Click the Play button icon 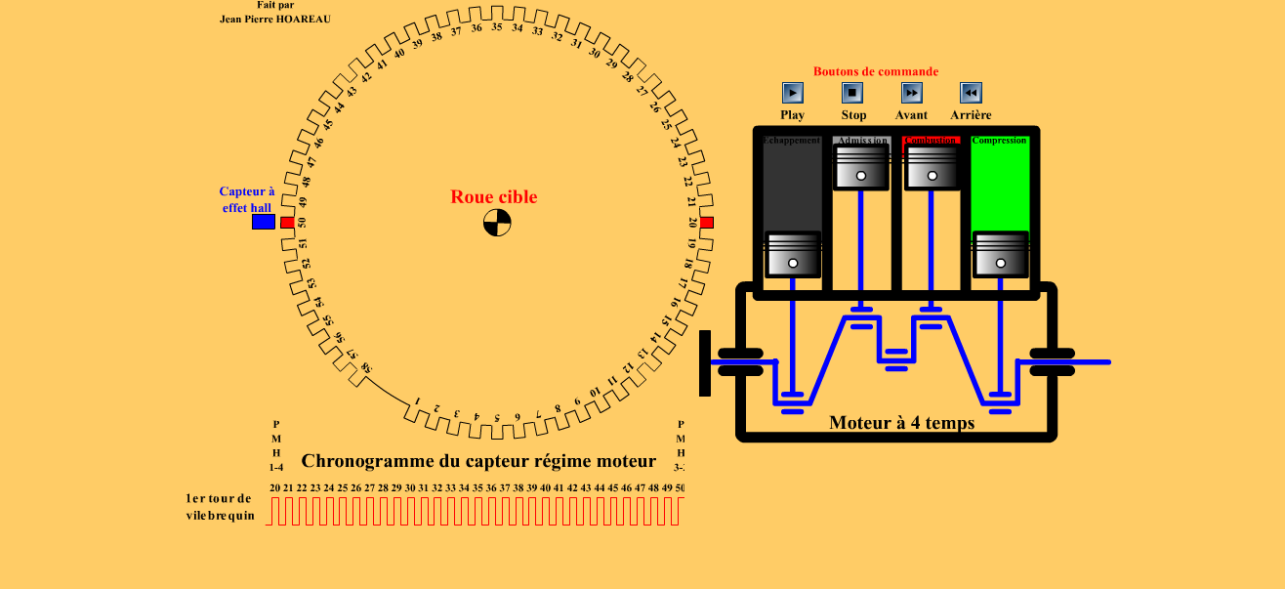[793, 93]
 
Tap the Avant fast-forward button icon [911, 93]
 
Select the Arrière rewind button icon [971, 93]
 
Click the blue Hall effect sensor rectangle [264, 222]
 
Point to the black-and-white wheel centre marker [497, 223]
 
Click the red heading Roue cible [493, 196]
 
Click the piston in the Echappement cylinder [793, 254]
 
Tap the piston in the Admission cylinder [861, 166]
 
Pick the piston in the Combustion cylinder [932, 166]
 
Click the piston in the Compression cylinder [1001, 254]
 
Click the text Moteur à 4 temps [901, 423]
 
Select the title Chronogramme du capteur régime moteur [478, 460]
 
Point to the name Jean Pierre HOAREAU [275, 19]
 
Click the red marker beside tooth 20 [706, 223]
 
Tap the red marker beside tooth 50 [287, 223]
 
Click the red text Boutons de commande [876, 71]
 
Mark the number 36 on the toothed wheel [477, 28]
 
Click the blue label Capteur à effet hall [247, 199]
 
